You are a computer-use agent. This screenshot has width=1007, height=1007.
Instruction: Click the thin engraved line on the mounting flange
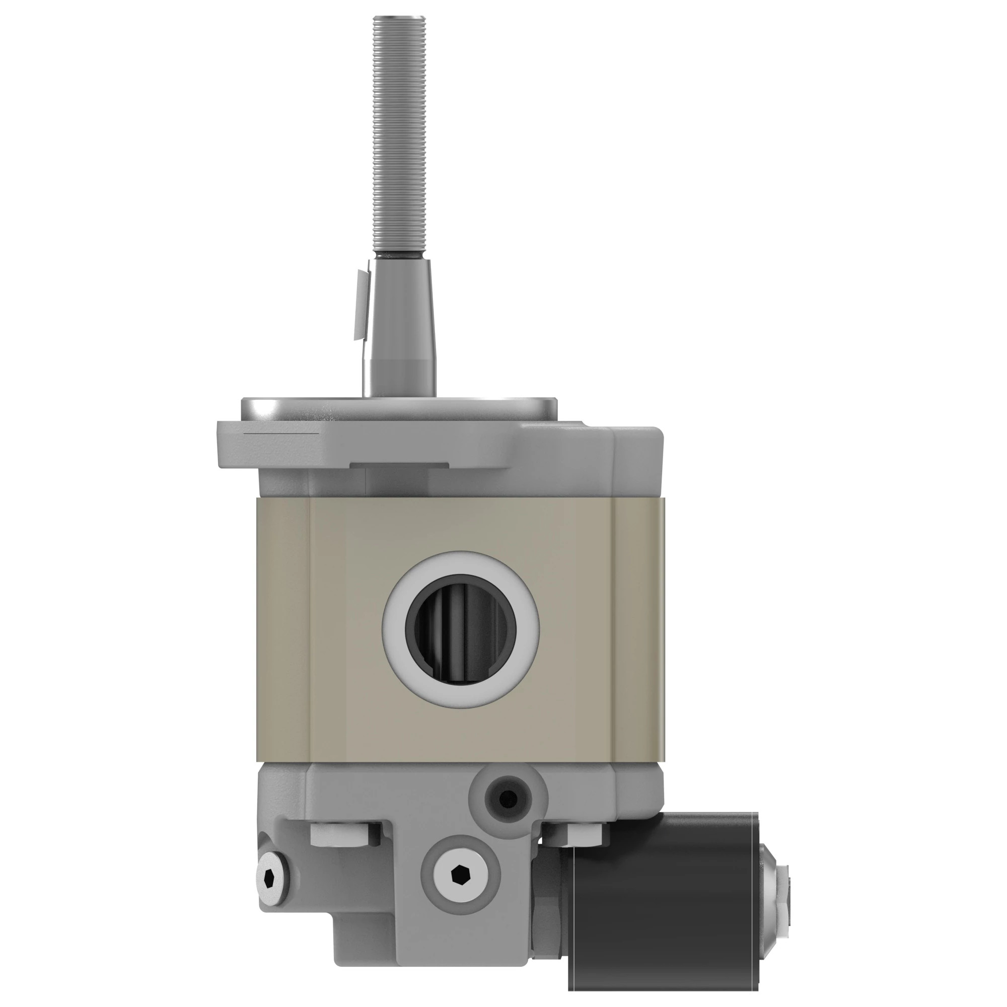(x=281, y=433)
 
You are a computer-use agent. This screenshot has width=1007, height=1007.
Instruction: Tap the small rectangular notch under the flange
(x=399, y=464)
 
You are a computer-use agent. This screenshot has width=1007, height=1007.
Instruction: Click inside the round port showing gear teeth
(x=461, y=630)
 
